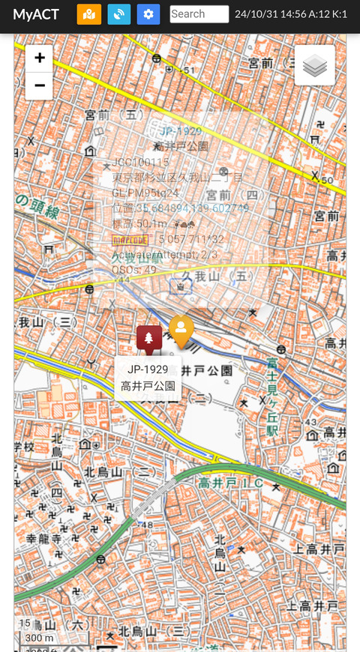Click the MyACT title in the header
[x=36, y=14]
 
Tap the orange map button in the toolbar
[x=88, y=14]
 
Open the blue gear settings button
[x=148, y=14]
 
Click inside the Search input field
[x=199, y=14]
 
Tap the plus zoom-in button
[x=40, y=58]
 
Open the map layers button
[x=315, y=66]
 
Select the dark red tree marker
[x=149, y=339]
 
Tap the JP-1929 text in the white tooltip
[x=148, y=369]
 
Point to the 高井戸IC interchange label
[x=231, y=483]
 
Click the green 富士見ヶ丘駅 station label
[x=273, y=397]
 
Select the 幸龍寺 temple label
[x=44, y=539]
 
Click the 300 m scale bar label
[x=40, y=638]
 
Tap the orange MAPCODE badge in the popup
[x=130, y=240]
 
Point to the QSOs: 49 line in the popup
[x=134, y=270]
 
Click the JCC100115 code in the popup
[x=141, y=162]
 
